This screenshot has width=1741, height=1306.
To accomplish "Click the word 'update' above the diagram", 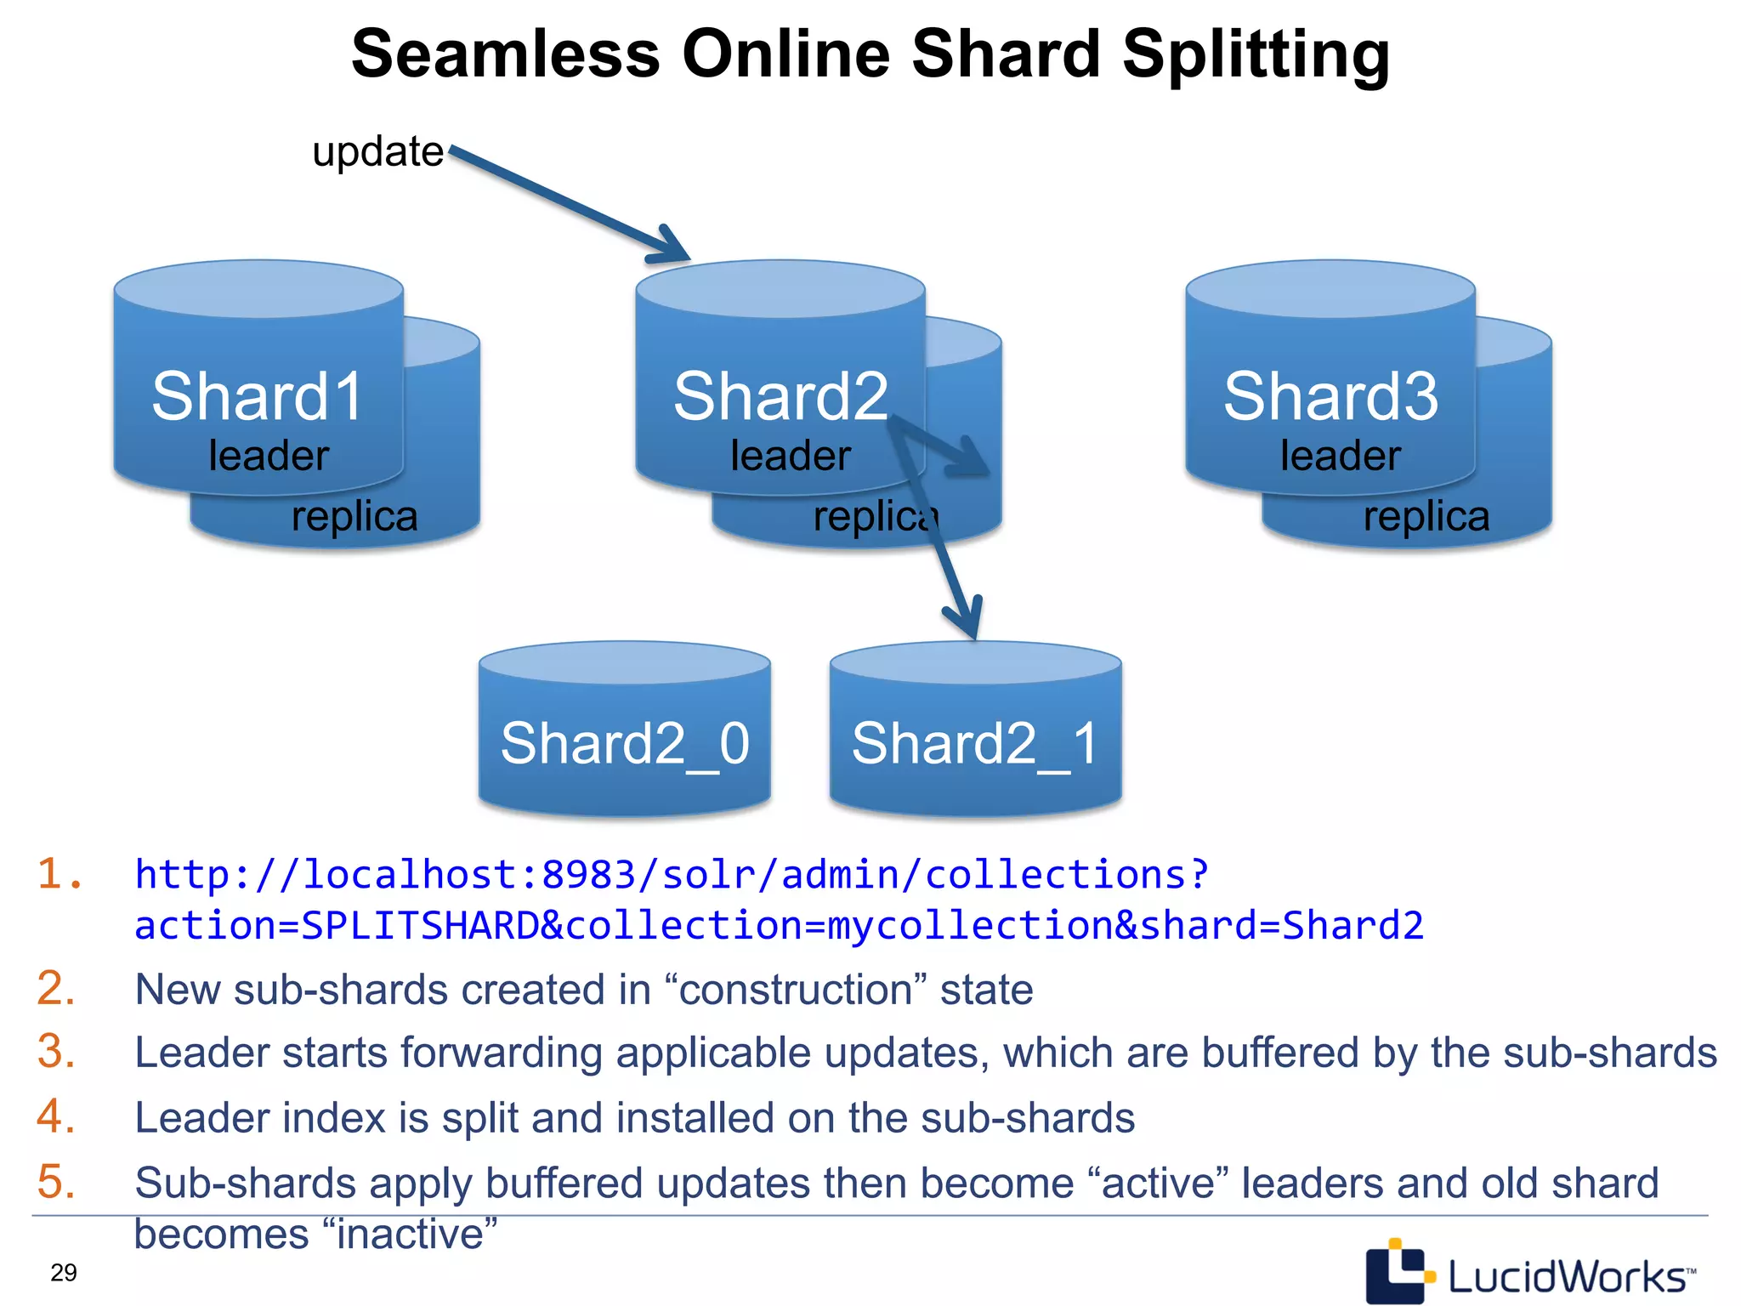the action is point(377,152).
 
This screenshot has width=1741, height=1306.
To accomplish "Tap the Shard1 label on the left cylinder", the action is point(258,396).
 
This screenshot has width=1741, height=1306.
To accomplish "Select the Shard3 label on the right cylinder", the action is point(1330,396).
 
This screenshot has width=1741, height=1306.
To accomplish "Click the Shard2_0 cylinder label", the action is point(625,743).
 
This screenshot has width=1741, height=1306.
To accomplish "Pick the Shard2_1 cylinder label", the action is point(975,743).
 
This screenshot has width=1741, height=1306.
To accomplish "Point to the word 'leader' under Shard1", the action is point(269,456).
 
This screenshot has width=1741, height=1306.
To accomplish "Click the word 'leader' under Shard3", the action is point(1341,456).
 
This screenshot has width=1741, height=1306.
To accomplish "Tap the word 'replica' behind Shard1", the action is point(354,516).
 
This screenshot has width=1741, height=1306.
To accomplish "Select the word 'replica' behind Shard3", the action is point(1426,516).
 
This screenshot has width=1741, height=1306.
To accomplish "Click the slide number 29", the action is point(64,1273).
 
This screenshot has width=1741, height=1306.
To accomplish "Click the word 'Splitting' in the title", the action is point(1256,54).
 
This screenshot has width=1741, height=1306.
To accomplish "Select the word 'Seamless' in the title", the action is point(506,54).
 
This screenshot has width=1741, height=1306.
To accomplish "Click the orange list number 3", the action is point(56,1052).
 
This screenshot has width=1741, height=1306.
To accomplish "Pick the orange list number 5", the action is point(56,1182).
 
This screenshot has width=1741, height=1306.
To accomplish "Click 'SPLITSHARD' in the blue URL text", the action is point(421,925).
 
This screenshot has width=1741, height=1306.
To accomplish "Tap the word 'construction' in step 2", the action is point(795,990).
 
